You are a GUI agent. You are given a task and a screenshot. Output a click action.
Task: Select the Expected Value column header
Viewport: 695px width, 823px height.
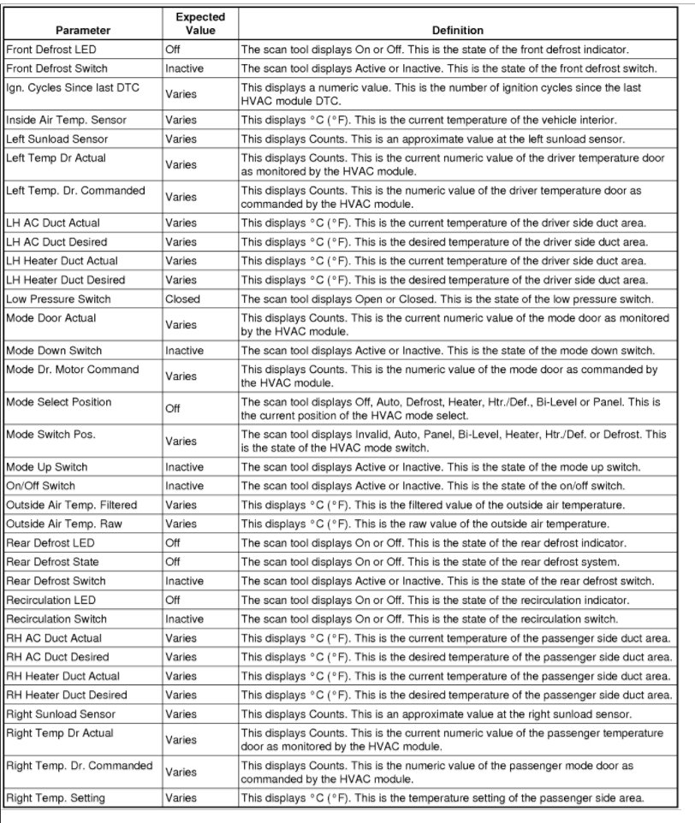tap(199, 23)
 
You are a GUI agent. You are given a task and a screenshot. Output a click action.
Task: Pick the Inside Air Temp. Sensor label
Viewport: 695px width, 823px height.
tap(66, 120)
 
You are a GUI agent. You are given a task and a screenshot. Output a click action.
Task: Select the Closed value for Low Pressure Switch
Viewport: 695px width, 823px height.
tap(182, 299)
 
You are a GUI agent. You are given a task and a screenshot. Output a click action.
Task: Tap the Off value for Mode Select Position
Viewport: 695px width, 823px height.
tap(173, 409)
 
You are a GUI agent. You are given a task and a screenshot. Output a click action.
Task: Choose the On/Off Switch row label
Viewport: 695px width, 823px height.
tap(40, 486)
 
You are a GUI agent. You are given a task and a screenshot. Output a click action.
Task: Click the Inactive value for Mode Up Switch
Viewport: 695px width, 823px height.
tap(184, 467)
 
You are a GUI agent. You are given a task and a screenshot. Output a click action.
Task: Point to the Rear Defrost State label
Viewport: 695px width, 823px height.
tap(52, 562)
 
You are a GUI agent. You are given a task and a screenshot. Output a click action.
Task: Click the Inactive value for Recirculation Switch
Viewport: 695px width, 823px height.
tap(184, 619)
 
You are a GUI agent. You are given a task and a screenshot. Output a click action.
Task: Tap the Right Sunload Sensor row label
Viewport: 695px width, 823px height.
tap(60, 713)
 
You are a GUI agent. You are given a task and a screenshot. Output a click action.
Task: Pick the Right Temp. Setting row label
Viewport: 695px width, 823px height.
tap(56, 798)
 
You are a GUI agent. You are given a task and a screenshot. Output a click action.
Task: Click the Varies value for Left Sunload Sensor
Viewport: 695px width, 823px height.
tap(181, 139)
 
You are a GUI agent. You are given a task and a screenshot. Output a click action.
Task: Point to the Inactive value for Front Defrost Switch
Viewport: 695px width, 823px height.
tap(184, 68)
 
